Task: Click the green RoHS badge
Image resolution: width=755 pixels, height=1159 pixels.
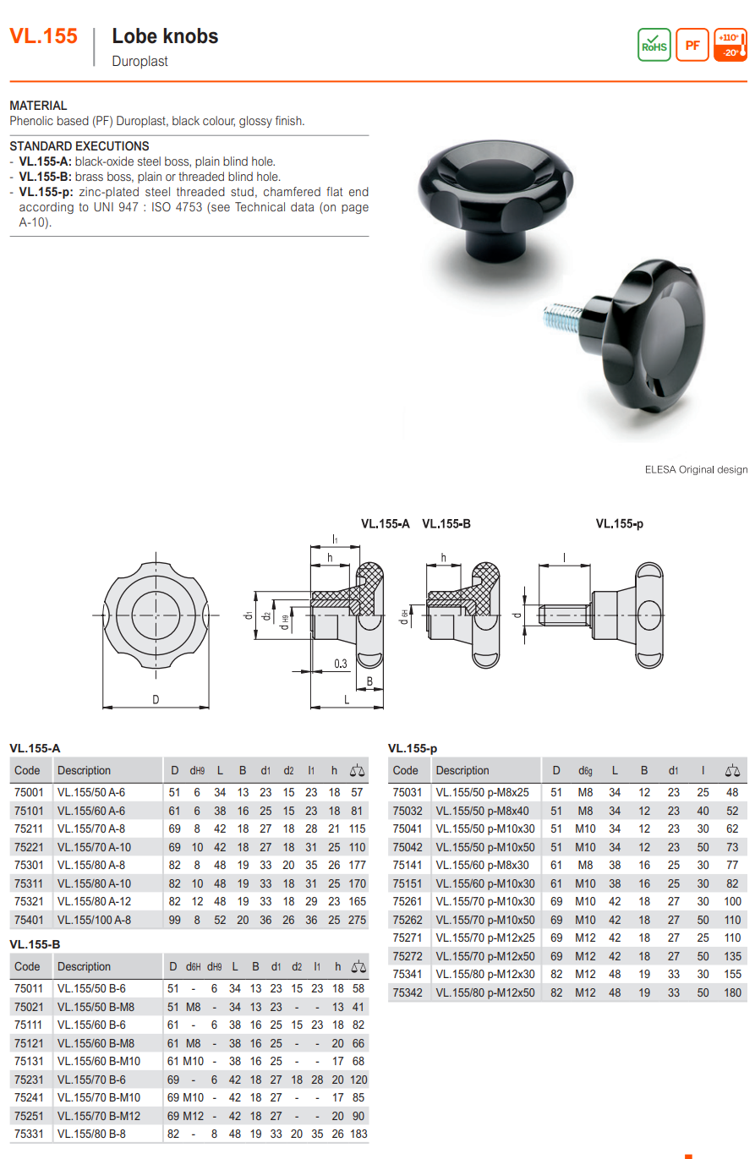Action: point(654,45)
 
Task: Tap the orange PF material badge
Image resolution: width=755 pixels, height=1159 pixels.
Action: point(692,45)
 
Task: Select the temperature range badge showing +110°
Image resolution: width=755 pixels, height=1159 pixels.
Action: point(730,45)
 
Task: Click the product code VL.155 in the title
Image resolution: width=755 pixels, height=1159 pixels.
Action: point(43,36)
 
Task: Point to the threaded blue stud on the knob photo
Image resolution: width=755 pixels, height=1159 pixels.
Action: point(562,318)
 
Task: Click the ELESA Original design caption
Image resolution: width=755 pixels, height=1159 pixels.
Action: point(696,469)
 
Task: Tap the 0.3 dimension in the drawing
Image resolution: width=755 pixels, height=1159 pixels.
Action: point(340,664)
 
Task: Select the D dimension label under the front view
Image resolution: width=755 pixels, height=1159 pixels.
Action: point(156,699)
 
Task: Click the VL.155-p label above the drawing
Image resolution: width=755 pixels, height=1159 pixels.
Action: point(620,523)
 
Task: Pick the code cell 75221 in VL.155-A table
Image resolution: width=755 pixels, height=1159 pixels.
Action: point(29,847)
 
